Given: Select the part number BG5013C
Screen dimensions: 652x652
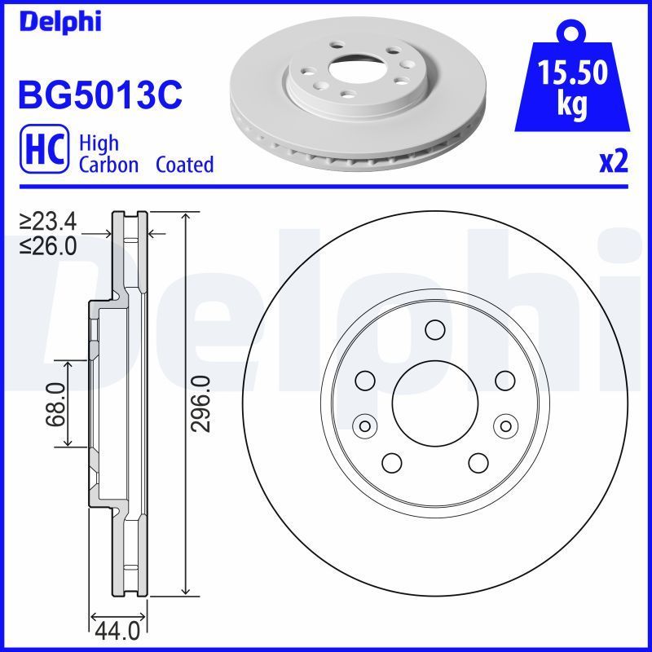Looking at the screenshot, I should (99, 94).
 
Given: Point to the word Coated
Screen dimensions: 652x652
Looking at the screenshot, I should (184, 165).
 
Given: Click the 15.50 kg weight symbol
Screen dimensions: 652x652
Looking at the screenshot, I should (570, 81).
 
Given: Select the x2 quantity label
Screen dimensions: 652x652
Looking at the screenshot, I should (614, 162).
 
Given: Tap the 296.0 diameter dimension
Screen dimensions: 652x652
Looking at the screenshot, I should (201, 403).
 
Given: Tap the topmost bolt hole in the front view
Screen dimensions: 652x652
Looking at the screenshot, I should (434, 330).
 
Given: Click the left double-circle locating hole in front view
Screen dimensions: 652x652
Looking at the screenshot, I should (363, 425).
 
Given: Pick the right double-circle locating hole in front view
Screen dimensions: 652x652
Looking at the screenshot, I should (505, 425).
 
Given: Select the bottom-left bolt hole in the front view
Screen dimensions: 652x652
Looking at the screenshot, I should (391, 462).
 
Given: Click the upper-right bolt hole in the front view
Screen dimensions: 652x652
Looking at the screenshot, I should (505, 380).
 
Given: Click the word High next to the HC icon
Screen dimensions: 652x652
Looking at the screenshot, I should (98, 143).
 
